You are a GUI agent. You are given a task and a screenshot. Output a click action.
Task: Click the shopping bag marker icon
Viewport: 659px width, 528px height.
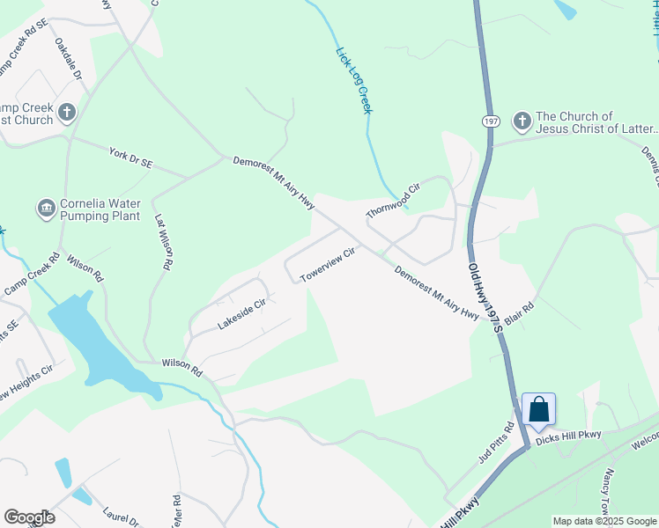538,409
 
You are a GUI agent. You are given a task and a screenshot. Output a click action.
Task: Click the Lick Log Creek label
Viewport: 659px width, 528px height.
354,80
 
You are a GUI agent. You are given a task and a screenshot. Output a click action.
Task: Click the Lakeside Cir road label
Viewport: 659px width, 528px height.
241,316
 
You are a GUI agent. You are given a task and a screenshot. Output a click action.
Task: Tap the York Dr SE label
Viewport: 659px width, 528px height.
131,158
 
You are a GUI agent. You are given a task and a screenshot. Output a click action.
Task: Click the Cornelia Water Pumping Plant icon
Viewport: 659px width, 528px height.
46,209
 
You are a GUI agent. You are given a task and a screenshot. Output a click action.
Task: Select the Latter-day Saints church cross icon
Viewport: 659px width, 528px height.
522,121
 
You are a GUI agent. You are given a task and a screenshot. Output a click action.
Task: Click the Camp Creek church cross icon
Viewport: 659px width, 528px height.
67,112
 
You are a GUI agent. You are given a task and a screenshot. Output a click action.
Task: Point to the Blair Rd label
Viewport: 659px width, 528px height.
521,314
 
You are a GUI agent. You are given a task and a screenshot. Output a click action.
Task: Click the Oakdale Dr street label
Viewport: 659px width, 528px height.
68,60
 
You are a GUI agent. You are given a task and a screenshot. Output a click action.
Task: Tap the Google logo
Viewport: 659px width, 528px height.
29,517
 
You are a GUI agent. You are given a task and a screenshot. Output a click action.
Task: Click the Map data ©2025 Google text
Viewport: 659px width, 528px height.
603,521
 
